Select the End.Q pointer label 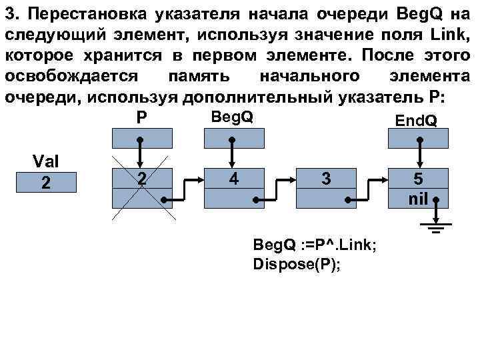pyautogui.click(x=416, y=120)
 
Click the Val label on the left pyautogui.click(x=45, y=162)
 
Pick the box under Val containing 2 pyautogui.click(x=45, y=182)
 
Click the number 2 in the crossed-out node pyautogui.click(x=141, y=179)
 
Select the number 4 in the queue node pyautogui.click(x=231, y=179)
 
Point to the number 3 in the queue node pyautogui.click(x=325, y=179)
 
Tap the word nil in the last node pyautogui.click(x=419, y=197)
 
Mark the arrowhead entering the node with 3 pyautogui.click(x=294, y=179)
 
